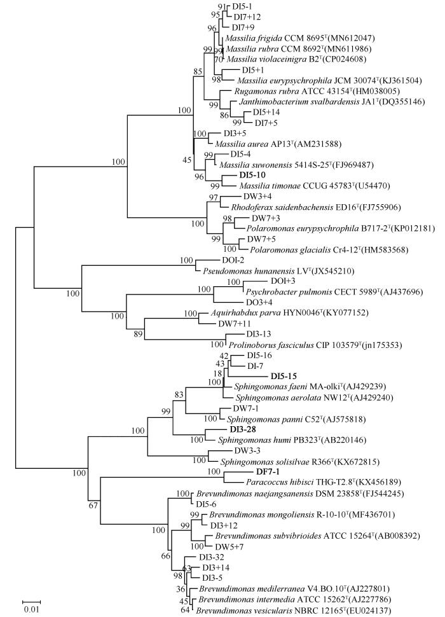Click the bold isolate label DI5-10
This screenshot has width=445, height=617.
(252, 175)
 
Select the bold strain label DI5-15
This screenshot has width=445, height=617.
(284, 376)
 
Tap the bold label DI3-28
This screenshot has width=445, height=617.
(243, 429)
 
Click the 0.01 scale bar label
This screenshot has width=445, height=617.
(31, 609)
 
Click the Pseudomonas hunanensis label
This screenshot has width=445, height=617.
(249, 271)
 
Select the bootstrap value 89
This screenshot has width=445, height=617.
(138, 335)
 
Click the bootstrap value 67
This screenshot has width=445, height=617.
(93, 506)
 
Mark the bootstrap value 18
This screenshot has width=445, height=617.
(218, 373)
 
